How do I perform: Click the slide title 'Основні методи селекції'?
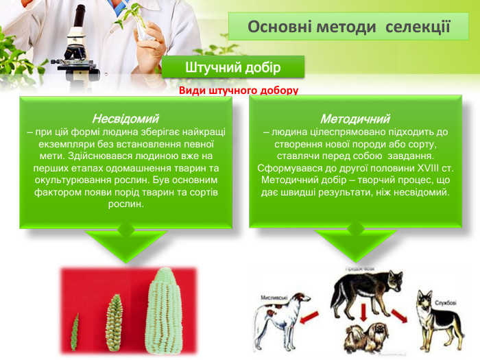coord(348,27)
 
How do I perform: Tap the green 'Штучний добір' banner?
coord(232,67)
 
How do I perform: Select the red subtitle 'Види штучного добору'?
coord(239,91)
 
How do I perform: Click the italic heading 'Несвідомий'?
coord(125,119)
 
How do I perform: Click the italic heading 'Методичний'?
coord(355,119)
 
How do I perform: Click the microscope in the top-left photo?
coord(75,48)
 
